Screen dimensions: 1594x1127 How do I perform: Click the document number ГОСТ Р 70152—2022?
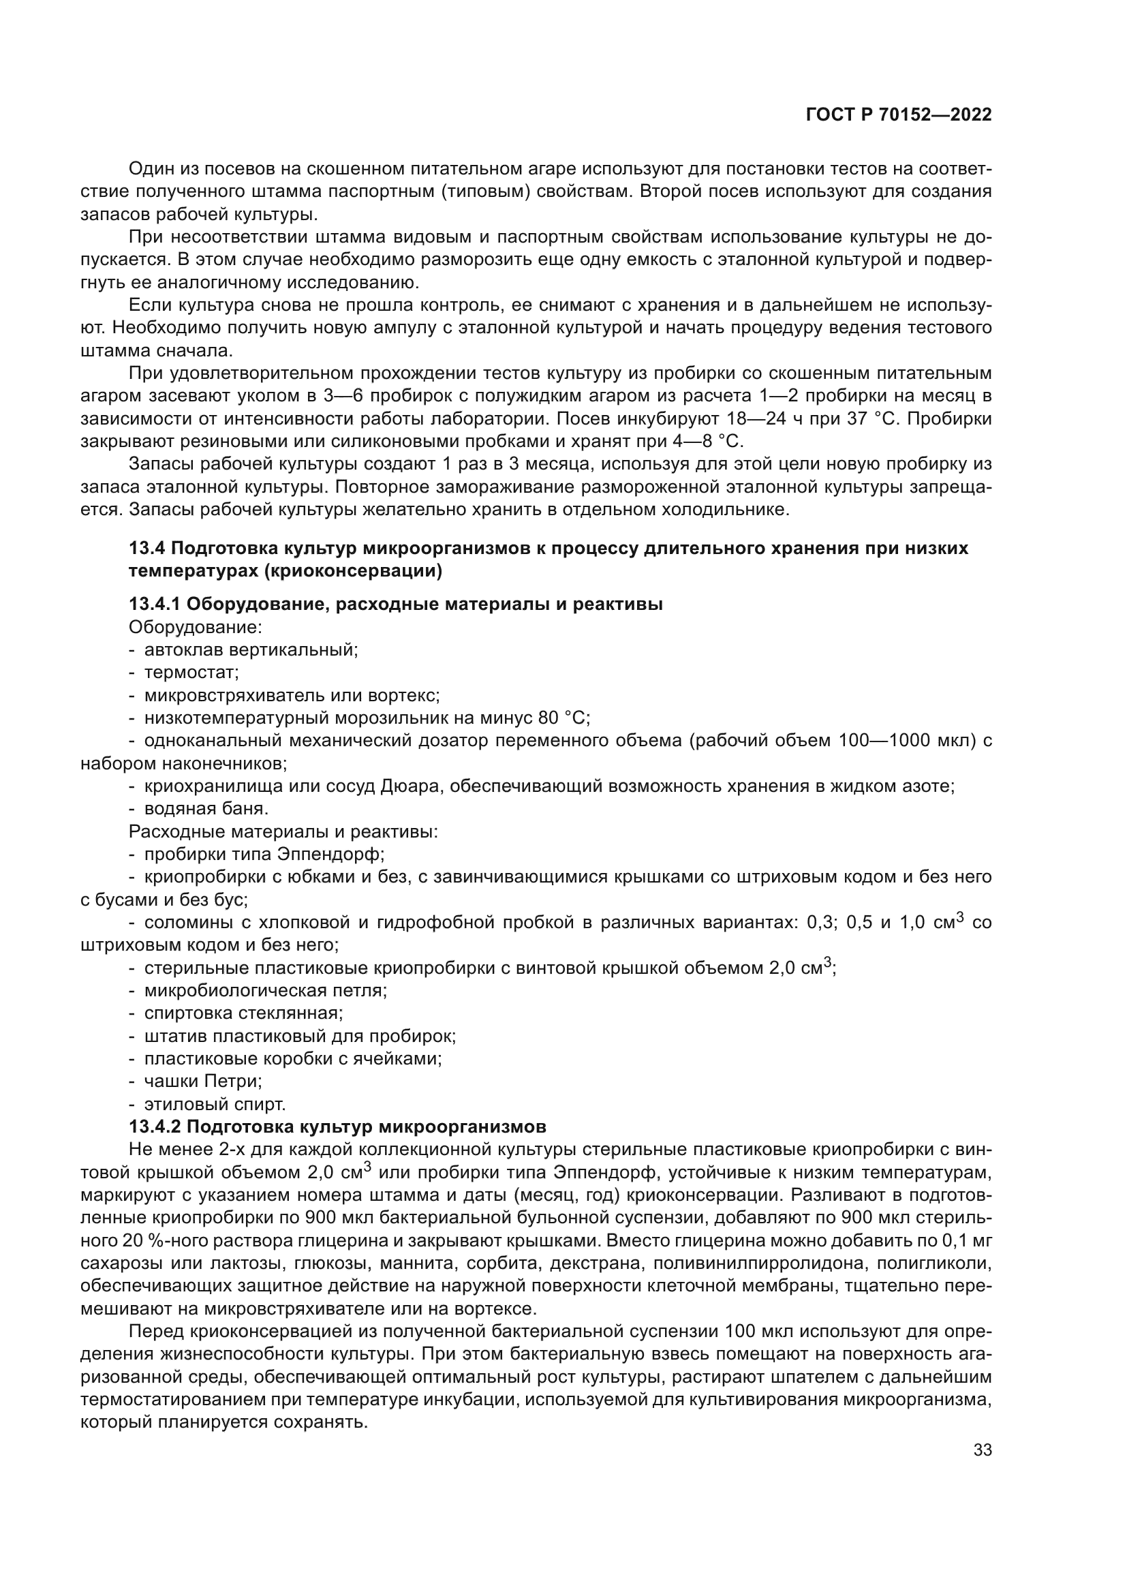click(898, 115)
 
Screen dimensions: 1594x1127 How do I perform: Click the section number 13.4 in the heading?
click(146, 549)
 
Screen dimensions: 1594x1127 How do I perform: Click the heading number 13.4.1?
click(153, 604)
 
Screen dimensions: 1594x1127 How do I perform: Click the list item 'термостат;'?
click(191, 672)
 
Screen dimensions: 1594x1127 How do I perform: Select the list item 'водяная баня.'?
click(205, 808)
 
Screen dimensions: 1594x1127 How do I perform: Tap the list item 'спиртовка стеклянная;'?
click(243, 1013)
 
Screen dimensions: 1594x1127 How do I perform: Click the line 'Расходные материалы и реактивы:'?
click(283, 831)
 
